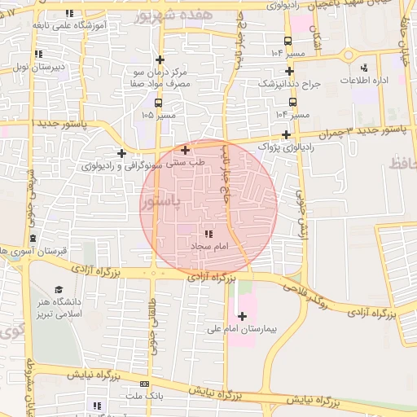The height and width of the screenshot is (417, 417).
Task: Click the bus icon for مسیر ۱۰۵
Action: pos(158,103)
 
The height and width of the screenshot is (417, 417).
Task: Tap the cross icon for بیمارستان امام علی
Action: pos(242,315)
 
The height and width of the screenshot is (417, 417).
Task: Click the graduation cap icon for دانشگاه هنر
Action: pos(59,290)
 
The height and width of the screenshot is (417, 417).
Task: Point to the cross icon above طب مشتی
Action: pos(186,150)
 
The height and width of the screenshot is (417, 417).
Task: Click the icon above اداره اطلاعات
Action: pos(363,68)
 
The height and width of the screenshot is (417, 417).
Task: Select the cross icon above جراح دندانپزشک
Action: pos(289,72)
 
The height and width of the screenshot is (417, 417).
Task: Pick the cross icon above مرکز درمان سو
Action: pos(160,60)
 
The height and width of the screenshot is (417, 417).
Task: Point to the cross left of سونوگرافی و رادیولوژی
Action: pos(121,153)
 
